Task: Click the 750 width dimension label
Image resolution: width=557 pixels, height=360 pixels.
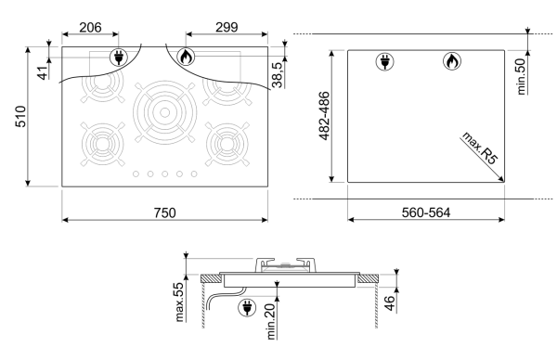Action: pyautogui.click(x=165, y=212)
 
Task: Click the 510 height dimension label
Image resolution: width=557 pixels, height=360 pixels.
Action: pyautogui.click(x=21, y=117)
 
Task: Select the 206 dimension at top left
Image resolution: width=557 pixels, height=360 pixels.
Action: pyautogui.click(x=90, y=27)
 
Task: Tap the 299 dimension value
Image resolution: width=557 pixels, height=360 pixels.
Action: pyautogui.click(x=227, y=27)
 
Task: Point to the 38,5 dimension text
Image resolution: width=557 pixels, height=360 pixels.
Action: pyautogui.click(x=277, y=74)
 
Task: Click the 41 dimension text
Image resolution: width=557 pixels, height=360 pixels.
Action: pyautogui.click(x=43, y=73)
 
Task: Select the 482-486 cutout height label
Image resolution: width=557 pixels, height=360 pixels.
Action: pyautogui.click(x=324, y=116)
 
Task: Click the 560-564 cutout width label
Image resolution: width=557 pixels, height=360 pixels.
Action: pyautogui.click(x=426, y=212)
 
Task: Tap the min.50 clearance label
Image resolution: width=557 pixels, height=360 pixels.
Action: pyautogui.click(x=521, y=77)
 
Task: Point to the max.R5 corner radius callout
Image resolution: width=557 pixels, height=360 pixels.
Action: pyautogui.click(x=479, y=148)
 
